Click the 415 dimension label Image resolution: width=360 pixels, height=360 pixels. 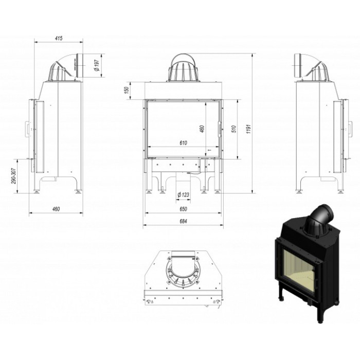pyautogui.click(x=59, y=38)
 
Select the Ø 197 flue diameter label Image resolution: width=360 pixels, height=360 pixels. pyautogui.click(x=97, y=65)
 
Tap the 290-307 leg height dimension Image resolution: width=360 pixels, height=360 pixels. pyautogui.click(x=14, y=176)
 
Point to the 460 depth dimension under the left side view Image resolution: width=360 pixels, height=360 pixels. pyautogui.click(x=56, y=209)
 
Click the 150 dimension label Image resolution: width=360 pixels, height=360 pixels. pyautogui.click(x=126, y=90)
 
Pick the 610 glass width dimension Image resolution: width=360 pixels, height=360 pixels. pyautogui.click(x=183, y=143)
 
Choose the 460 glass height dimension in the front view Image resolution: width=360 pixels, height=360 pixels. pyautogui.click(x=202, y=129)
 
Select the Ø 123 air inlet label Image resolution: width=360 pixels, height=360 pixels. pyautogui.click(x=184, y=195)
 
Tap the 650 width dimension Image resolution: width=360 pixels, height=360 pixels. pyautogui.click(x=183, y=209)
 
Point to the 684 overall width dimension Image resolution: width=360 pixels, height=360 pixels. pyautogui.click(x=183, y=221)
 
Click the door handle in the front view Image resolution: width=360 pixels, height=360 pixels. pyautogui.click(x=220, y=129)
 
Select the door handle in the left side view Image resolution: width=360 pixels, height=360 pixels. pyautogui.click(x=27, y=129)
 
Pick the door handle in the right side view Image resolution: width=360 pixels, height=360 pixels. pyautogui.click(x=350, y=129)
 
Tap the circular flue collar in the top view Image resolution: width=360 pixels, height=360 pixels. pyautogui.click(x=183, y=273)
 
